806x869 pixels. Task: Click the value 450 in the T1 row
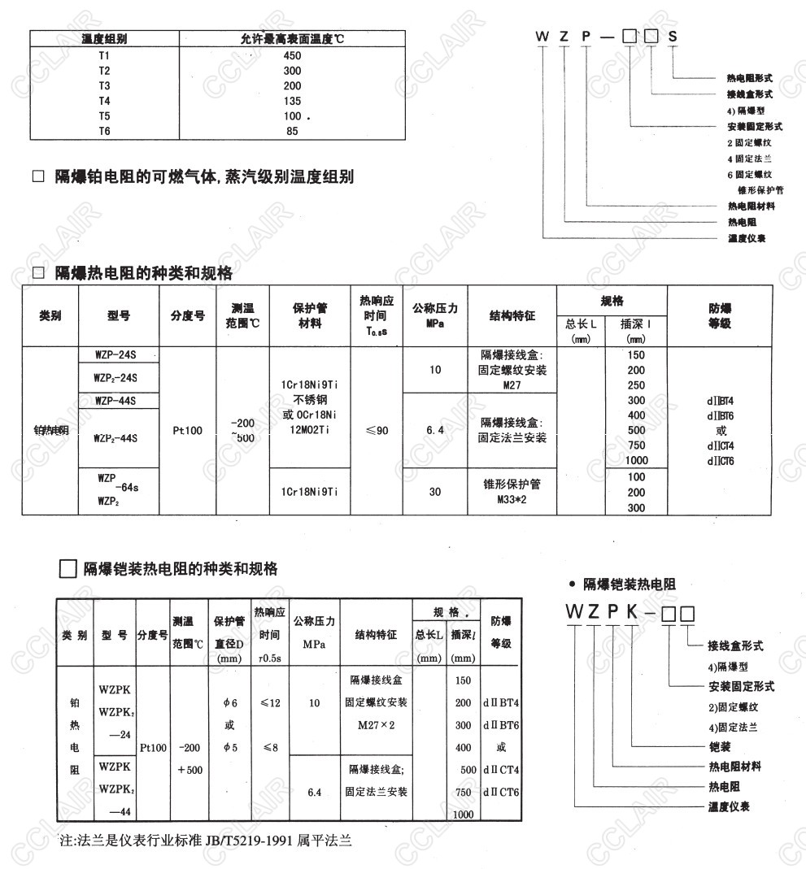click(x=293, y=56)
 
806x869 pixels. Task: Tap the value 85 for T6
click(x=293, y=131)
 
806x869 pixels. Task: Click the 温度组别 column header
click(x=104, y=39)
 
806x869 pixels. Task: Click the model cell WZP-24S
click(x=115, y=354)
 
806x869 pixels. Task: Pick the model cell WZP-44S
click(x=115, y=400)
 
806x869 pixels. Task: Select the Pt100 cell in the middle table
click(x=187, y=431)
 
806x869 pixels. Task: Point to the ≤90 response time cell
click(x=377, y=431)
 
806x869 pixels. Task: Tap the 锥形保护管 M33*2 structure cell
click(x=512, y=492)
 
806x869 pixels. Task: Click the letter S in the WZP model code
click(x=672, y=37)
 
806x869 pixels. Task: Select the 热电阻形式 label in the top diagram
click(x=749, y=79)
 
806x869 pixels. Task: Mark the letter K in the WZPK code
click(x=631, y=611)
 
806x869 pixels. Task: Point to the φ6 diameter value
click(x=229, y=702)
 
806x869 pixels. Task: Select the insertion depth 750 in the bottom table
click(x=463, y=792)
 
